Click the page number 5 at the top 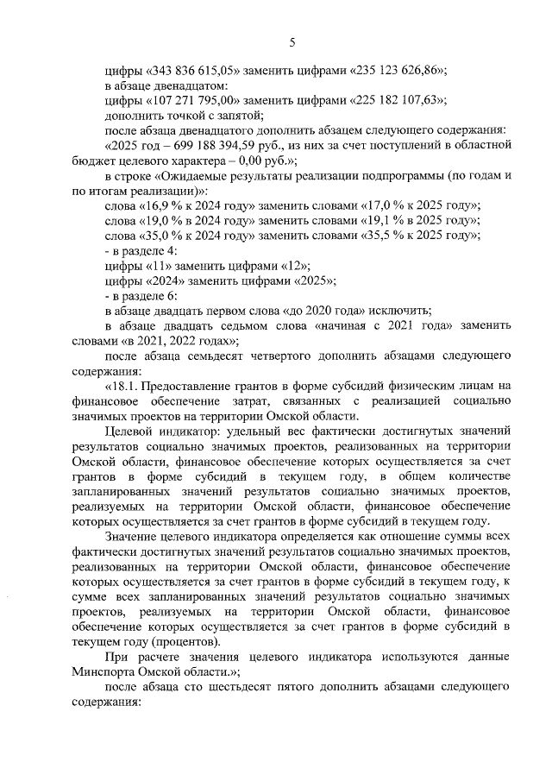292,41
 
